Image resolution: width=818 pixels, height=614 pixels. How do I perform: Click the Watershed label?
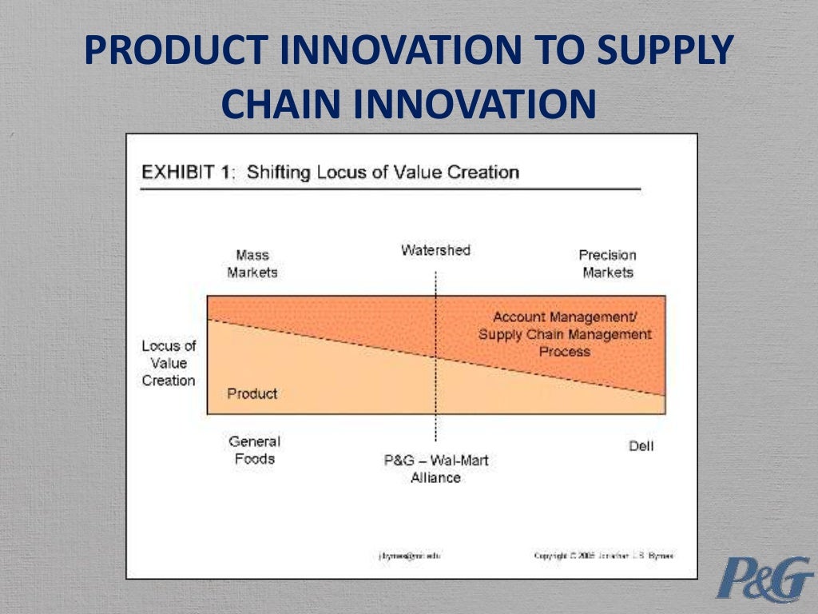coord(435,250)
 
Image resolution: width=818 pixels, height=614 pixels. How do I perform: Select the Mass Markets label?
coord(252,264)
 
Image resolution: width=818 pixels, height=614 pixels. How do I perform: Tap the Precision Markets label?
coord(607,264)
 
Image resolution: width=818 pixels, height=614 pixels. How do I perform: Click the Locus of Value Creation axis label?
coord(169,363)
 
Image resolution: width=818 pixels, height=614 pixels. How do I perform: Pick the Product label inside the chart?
coord(252,393)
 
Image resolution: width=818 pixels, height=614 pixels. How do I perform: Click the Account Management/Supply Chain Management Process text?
coord(564,334)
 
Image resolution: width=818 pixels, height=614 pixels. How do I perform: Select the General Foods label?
coord(254,450)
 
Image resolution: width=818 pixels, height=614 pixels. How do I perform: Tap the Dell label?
coord(641,446)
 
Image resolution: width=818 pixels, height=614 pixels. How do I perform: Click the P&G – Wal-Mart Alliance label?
coord(435,468)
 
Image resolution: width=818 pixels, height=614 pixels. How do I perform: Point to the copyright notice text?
coord(603,556)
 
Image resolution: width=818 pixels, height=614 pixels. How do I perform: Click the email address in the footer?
coord(409,556)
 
